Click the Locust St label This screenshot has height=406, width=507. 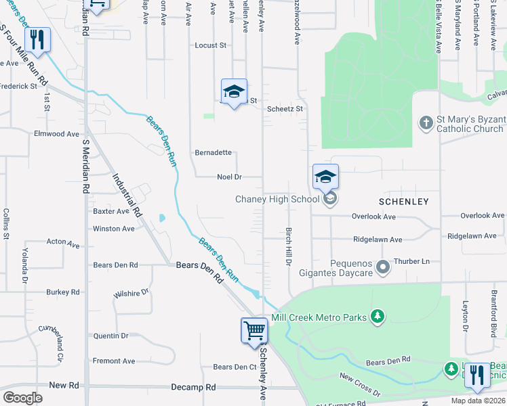[x=210, y=45]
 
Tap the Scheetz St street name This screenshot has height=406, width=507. [x=285, y=108]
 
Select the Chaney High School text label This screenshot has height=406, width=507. [x=277, y=199]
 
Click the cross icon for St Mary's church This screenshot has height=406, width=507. [x=426, y=122]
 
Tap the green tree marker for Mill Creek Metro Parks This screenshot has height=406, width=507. [x=378, y=317]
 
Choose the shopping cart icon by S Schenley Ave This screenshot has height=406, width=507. [x=254, y=331]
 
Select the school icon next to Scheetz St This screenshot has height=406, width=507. [x=234, y=91]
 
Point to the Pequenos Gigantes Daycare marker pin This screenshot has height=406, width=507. [x=383, y=268]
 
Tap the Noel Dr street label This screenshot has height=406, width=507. [x=229, y=177]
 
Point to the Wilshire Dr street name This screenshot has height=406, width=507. [x=131, y=293]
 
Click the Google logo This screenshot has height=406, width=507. [x=22, y=398]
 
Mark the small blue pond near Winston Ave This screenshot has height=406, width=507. [x=162, y=219]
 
